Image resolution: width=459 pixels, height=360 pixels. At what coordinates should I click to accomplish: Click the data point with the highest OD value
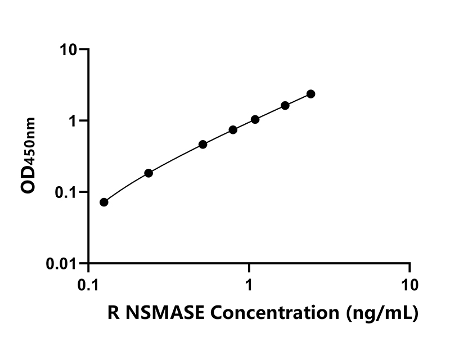pyautogui.click(x=311, y=94)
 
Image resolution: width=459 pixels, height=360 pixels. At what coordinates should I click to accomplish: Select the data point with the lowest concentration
pyautogui.click(x=104, y=202)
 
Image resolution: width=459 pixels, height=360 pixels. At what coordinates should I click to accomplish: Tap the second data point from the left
pyautogui.click(x=148, y=173)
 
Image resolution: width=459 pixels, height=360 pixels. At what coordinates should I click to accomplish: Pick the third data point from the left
pyautogui.click(x=203, y=145)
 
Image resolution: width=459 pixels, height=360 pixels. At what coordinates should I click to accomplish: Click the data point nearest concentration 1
pyautogui.click(x=255, y=119)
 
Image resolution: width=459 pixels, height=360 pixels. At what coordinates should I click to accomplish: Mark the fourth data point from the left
pyautogui.click(x=233, y=130)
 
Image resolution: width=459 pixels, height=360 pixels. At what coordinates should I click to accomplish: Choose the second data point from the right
pyautogui.click(x=285, y=106)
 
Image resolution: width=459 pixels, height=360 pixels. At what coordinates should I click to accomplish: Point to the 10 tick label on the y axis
pyautogui.click(x=71, y=49)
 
